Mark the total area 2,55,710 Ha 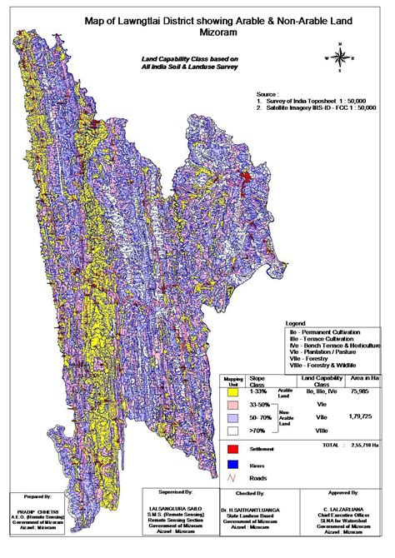click(363, 447)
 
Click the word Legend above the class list click(296, 321)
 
